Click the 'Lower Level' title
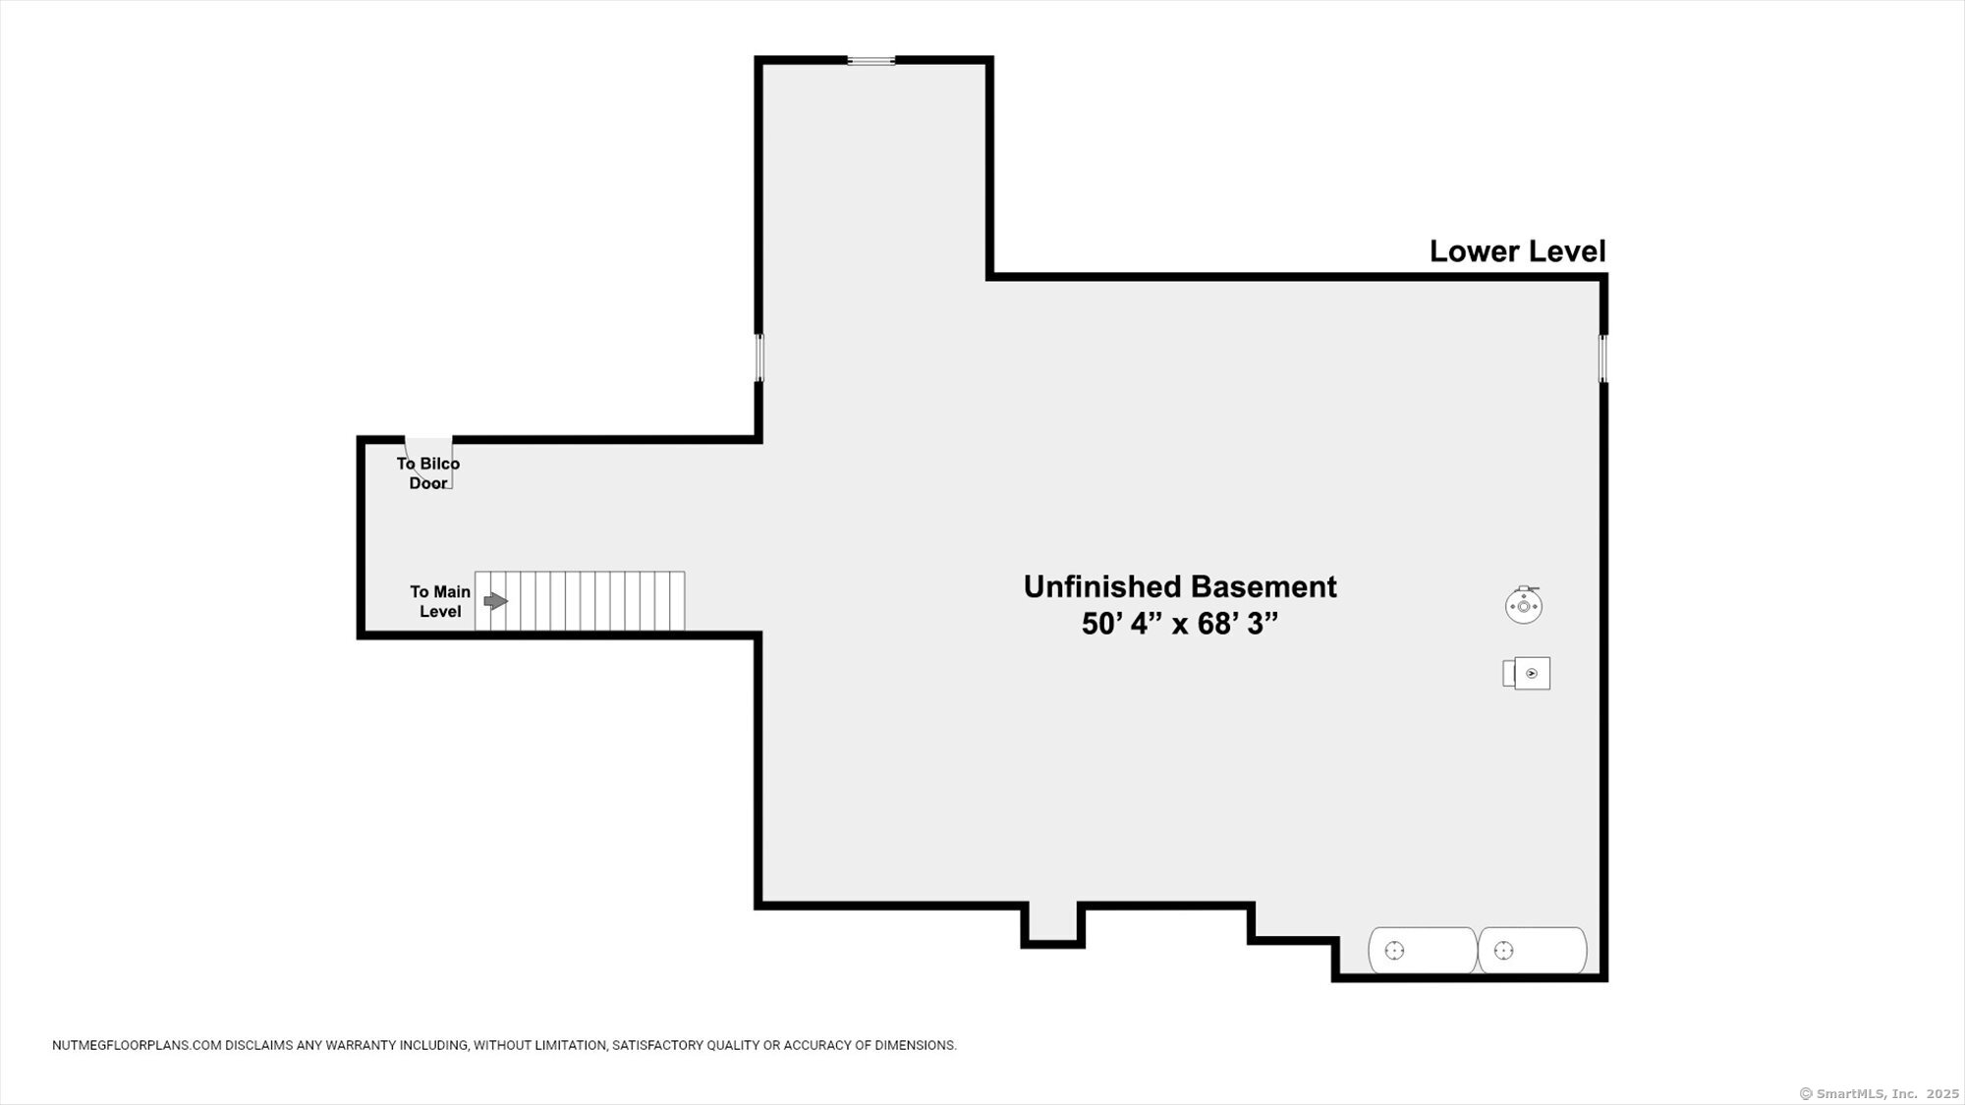pyautogui.click(x=1517, y=251)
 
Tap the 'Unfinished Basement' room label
pyautogui.click(x=1180, y=586)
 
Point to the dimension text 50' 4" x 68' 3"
pyautogui.click(x=1180, y=624)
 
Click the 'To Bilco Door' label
pyautogui.click(x=428, y=473)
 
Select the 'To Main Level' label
pyautogui.click(x=440, y=601)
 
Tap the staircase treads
pyautogui.click(x=580, y=601)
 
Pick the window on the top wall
pyautogui.click(x=871, y=61)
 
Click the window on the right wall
pyautogui.click(x=1603, y=359)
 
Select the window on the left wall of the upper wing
pyautogui.click(x=758, y=358)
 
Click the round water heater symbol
pyautogui.click(x=1524, y=605)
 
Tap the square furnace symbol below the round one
pyautogui.click(x=1527, y=673)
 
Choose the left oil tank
pyautogui.click(x=1423, y=950)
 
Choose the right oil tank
pyautogui.click(x=1533, y=950)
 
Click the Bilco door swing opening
pyautogui.click(x=429, y=463)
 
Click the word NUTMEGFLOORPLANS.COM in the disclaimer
pyautogui.click(x=137, y=1045)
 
